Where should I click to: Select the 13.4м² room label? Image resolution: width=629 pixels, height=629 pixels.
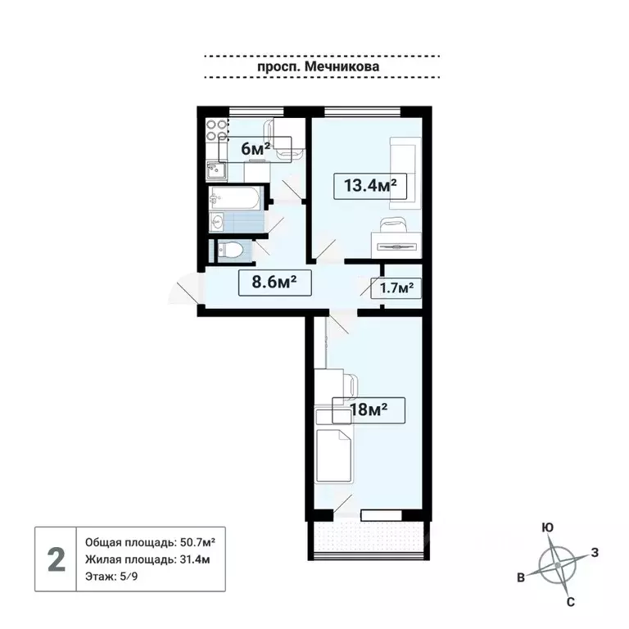(x=370, y=185)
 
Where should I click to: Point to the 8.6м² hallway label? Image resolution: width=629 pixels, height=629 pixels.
(x=267, y=283)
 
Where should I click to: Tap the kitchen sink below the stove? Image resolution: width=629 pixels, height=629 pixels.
(x=215, y=170)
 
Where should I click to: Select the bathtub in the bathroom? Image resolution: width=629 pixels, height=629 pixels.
(x=235, y=197)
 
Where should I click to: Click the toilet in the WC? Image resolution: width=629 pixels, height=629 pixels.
(x=231, y=249)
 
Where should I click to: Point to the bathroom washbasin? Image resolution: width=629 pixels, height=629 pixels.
(x=218, y=221)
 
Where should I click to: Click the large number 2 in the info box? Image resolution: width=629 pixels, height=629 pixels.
(x=56, y=560)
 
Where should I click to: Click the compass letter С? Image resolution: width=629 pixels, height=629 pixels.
(x=569, y=602)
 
